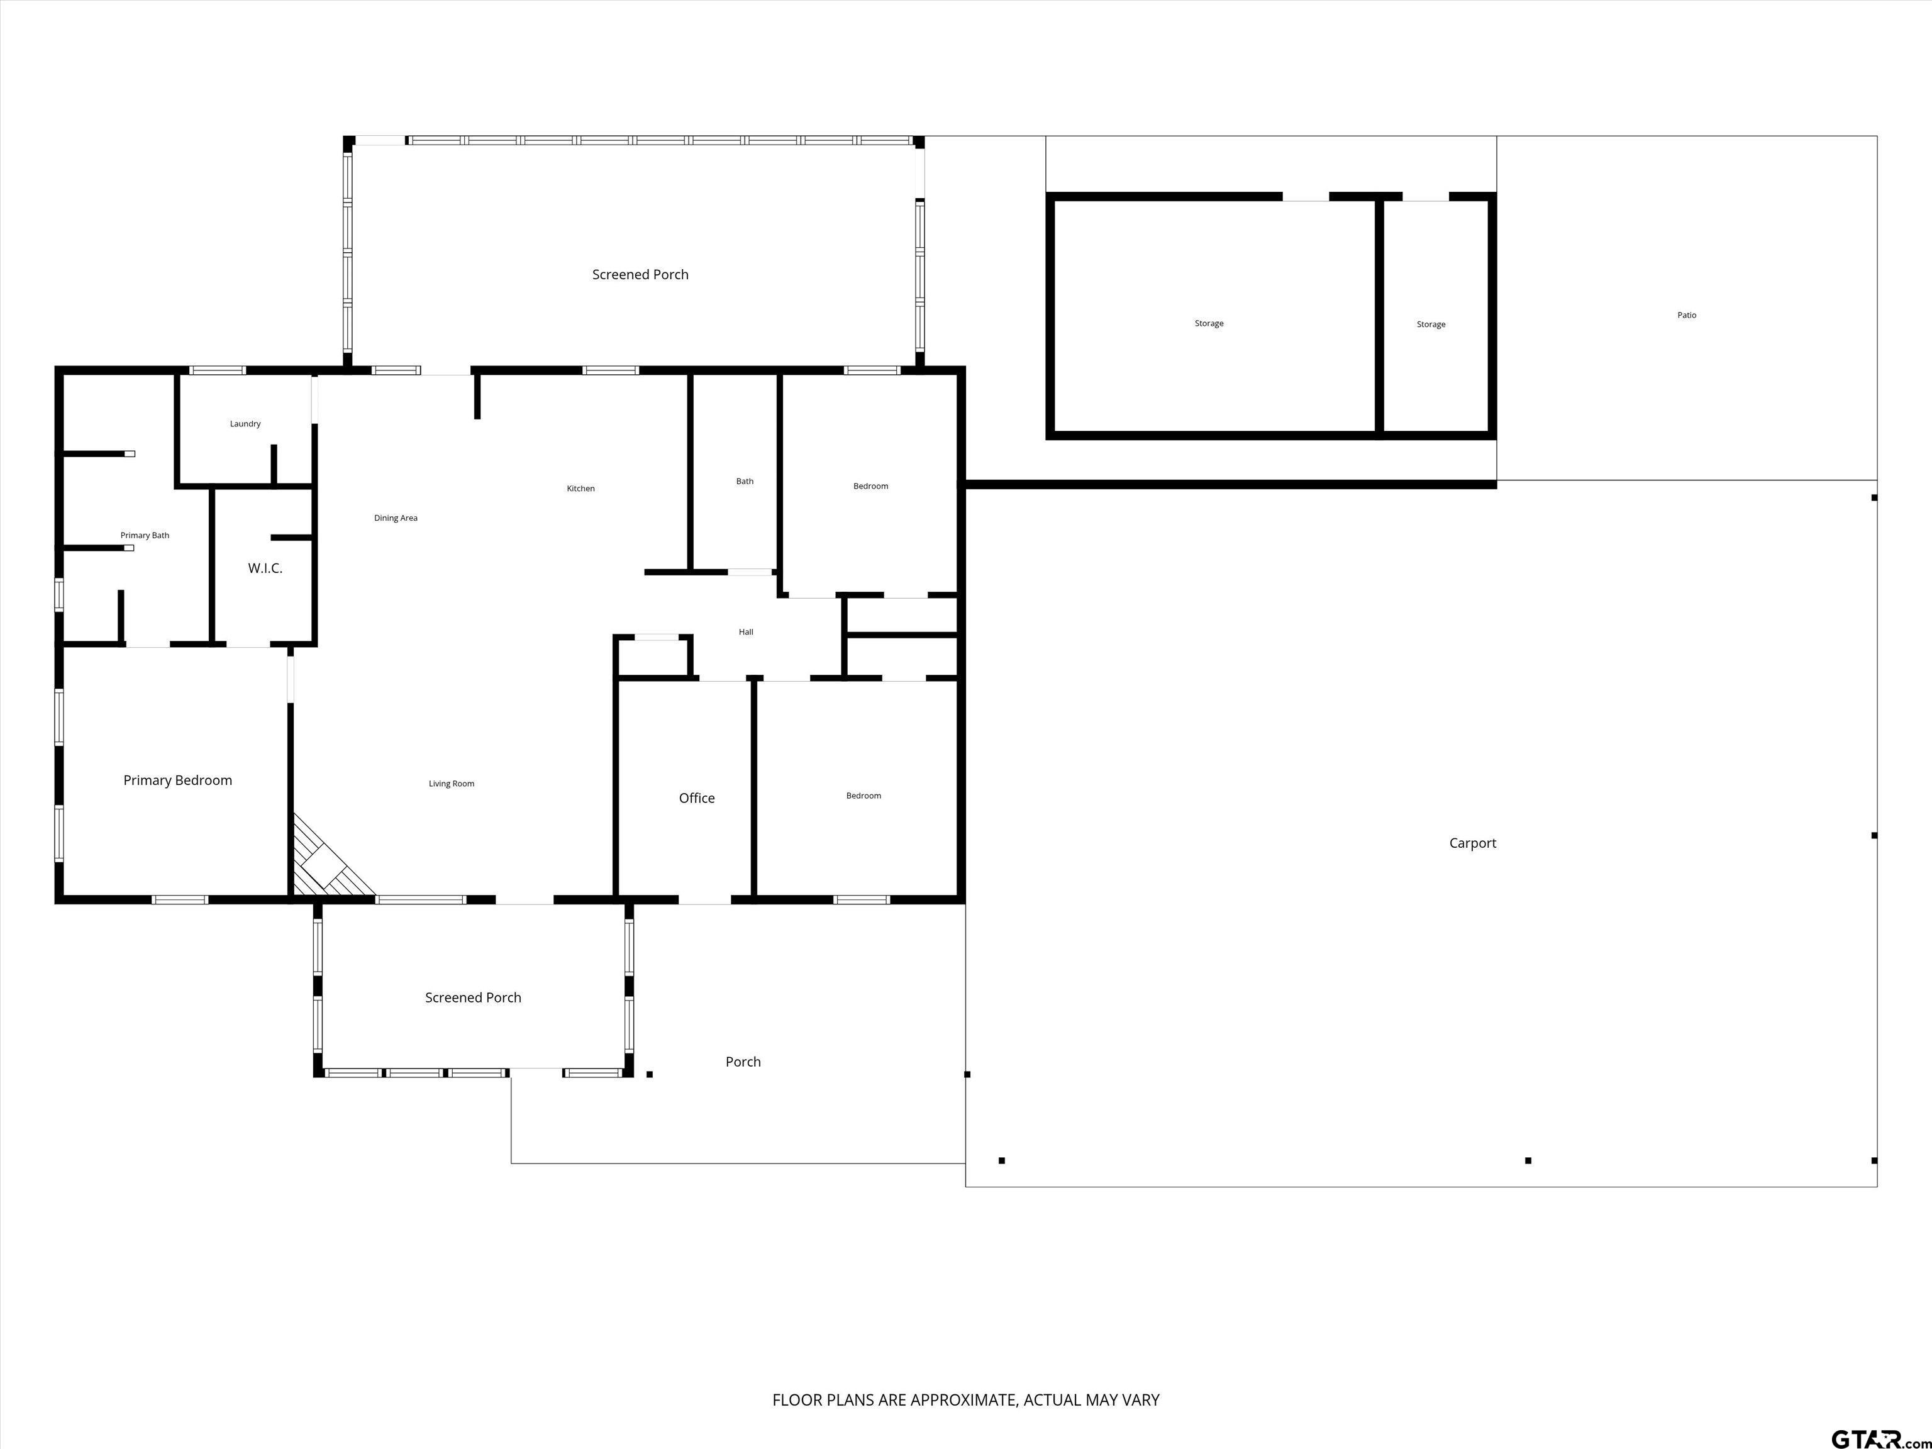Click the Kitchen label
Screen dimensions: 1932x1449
(x=581, y=488)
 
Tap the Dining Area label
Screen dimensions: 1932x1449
(x=396, y=518)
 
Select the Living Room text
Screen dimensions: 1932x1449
(x=452, y=784)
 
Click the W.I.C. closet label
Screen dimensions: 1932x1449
(x=265, y=569)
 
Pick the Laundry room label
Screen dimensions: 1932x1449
(x=245, y=424)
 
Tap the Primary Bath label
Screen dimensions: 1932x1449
(x=145, y=535)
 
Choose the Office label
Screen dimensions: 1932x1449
(x=697, y=798)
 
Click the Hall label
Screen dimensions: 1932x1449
(x=746, y=631)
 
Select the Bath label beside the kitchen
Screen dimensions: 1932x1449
(x=745, y=481)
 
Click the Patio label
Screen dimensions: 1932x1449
(x=1687, y=315)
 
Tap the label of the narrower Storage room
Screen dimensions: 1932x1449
(x=1431, y=324)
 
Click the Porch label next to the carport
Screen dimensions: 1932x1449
(x=743, y=1062)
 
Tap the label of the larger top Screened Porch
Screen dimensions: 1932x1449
(x=640, y=274)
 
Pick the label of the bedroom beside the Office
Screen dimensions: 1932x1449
(x=864, y=796)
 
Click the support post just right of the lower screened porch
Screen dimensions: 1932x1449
(x=650, y=1074)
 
